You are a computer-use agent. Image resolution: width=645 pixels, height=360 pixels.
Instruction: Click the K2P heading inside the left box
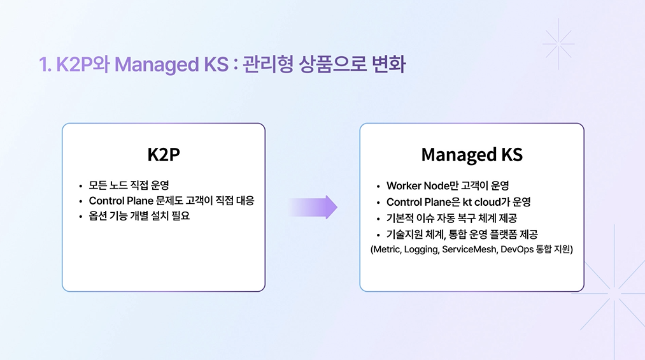[163, 155]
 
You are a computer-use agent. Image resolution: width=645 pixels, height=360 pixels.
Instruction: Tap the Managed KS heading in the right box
[472, 155]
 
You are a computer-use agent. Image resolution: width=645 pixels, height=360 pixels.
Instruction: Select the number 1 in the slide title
[43, 65]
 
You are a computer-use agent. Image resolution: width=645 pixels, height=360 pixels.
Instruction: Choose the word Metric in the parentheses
[388, 250]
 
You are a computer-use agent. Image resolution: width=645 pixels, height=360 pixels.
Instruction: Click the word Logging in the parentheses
[422, 250]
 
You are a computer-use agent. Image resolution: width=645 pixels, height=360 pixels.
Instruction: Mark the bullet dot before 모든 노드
[81, 187]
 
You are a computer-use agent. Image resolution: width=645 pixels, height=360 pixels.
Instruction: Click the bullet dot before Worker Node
[378, 187]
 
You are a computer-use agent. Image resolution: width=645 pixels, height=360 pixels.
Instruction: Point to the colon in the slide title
[235, 66]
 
